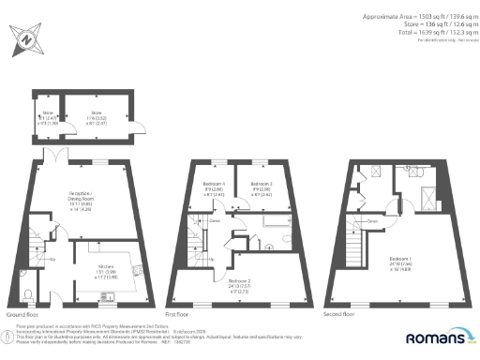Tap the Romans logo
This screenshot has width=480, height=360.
point(439,337)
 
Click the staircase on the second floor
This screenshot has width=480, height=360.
point(356,251)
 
